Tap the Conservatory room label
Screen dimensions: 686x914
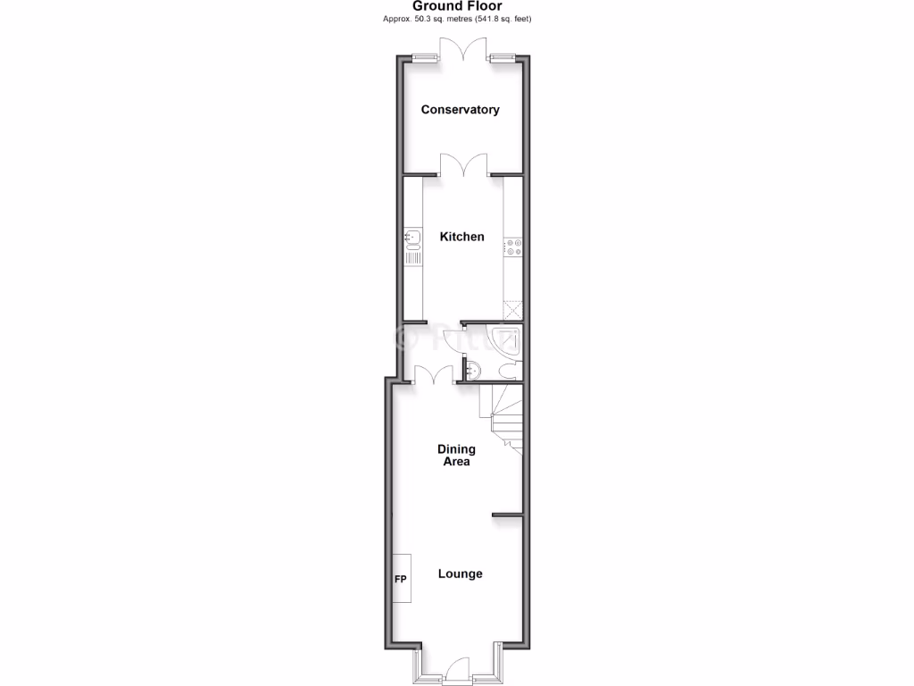(460, 110)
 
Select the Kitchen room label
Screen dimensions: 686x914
(462, 237)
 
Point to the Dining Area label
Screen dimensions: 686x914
(456, 456)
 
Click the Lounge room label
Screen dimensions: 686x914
(460, 573)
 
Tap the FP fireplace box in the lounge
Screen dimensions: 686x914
(401, 579)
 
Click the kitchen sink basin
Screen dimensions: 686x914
(412, 238)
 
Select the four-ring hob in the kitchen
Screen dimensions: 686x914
(513, 247)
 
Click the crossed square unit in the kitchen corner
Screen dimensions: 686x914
(512, 309)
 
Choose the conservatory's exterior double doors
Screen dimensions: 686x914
(463, 49)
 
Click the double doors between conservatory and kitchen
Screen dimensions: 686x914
(463, 164)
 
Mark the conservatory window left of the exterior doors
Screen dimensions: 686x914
(424, 59)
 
